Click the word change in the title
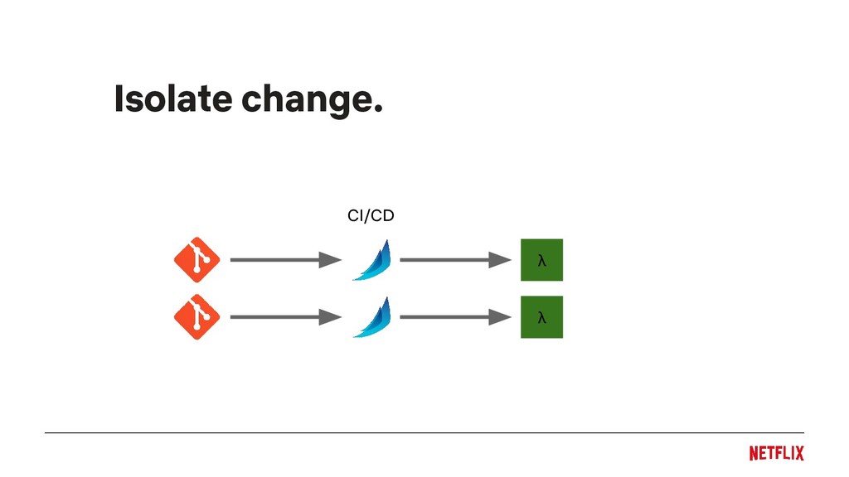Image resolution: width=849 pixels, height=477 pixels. point(302,100)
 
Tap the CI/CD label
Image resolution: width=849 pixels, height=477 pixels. point(371,216)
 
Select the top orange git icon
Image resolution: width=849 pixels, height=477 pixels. point(196,260)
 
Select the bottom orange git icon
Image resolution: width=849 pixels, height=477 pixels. point(196,316)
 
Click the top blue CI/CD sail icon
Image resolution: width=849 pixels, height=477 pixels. point(371,260)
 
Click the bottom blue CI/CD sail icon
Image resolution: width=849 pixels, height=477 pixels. point(371,316)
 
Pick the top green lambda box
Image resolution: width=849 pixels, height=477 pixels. point(541,260)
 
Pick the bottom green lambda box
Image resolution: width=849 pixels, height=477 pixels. point(541,316)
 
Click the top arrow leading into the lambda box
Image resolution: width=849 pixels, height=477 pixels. point(448,260)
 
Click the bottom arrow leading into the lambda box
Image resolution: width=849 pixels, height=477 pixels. point(448,316)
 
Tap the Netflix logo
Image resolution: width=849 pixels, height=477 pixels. point(776,453)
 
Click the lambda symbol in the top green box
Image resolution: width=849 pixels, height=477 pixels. point(541,261)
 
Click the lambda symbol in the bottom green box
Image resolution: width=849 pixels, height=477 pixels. point(541,317)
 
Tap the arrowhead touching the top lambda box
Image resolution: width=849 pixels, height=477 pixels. point(500,260)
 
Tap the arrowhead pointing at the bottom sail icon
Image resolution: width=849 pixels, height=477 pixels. point(331,316)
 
